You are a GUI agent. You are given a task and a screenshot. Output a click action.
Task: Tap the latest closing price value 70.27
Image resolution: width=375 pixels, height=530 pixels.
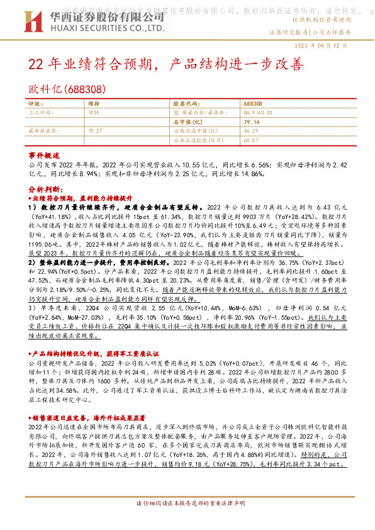point(96,131)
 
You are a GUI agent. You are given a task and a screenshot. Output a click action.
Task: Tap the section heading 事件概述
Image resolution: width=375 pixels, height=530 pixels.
point(44,155)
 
